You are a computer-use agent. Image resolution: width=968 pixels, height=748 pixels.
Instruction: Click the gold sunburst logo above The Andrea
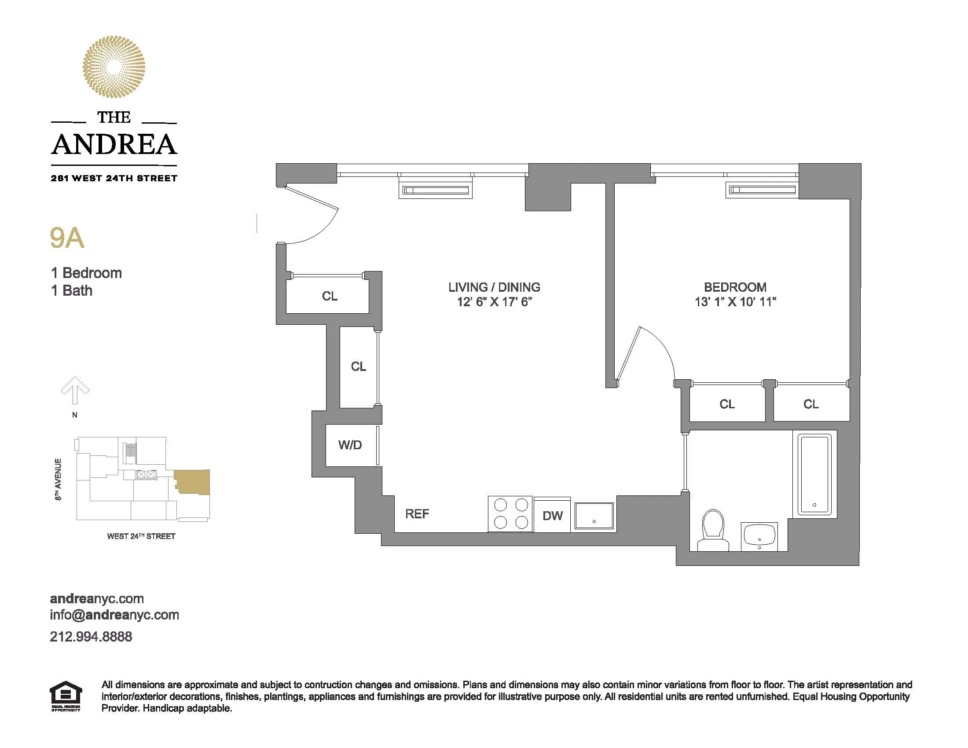click(x=114, y=66)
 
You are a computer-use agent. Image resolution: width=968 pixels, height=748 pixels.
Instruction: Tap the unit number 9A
click(x=67, y=238)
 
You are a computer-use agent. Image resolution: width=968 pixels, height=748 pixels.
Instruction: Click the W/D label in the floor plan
click(x=350, y=445)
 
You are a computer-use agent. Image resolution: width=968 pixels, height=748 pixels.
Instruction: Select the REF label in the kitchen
click(x=417, y=514)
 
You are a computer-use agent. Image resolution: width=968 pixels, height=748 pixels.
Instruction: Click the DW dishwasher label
click(x=552, y=515)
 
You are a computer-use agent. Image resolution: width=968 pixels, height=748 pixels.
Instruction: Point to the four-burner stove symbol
click(x=510, y=513)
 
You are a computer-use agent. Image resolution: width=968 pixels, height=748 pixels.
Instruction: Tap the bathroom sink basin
click(x=760, y=535)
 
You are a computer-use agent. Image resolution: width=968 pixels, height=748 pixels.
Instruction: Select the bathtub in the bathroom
click(x=814, y=475)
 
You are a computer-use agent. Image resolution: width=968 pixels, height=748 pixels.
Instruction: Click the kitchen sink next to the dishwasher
click(x=594, y=516)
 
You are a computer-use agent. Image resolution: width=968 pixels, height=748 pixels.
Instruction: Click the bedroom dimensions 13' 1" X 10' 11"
click(x=735, y=302)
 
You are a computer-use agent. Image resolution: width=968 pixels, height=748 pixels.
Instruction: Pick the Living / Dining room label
click(x=494, y=287)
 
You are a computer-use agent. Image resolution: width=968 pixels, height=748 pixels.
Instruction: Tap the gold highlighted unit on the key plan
click(x=193, y=482)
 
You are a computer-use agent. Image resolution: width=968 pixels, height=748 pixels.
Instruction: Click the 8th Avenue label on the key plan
click(x=58, y=480)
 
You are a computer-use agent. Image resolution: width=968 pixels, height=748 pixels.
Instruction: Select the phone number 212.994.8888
click(x=91, y=636)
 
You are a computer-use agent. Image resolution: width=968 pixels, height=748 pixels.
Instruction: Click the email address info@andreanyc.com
click(x=114, y=615)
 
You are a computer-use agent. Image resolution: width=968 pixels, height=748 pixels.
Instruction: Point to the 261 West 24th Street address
click(x=114, y=178)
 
